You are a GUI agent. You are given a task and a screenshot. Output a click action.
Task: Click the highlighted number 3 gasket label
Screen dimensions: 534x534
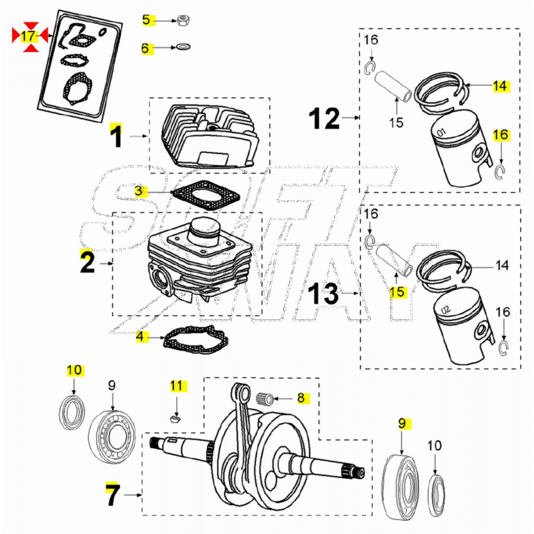coord(139,191)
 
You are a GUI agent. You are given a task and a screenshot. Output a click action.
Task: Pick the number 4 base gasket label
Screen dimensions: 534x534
coord(140,336)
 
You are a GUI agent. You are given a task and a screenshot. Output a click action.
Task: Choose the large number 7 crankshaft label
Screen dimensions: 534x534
coord(112,495)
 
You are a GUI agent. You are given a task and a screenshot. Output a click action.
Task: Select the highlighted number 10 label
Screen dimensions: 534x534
coord(75,370)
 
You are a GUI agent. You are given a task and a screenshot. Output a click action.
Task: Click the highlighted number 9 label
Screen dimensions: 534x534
coord(401,423)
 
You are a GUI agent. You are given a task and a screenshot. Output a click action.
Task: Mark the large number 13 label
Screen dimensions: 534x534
coord(324,293)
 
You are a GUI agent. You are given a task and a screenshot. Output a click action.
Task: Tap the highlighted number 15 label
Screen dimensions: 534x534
coord(397,292)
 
